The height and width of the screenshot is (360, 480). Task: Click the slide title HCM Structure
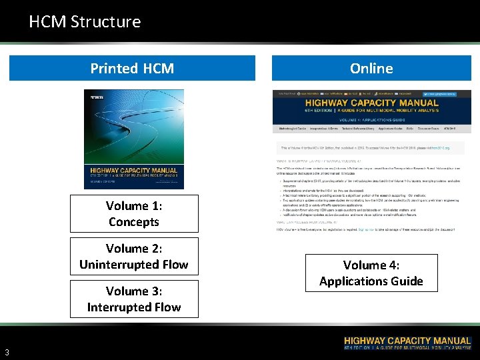coord(85,21)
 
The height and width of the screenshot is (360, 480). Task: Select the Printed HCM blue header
coord(132,68)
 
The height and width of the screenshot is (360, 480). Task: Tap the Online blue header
coord(371,68)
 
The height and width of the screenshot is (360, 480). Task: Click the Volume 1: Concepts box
coord(133,213)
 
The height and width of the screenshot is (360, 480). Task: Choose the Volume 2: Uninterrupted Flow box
coord(133,256)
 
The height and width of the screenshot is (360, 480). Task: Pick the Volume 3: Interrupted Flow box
coord(133,299)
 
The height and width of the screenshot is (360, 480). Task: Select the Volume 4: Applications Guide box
coord(371,273)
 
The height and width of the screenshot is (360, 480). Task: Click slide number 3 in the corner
coord(7,352)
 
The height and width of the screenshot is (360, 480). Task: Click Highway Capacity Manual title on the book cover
coord(133,171)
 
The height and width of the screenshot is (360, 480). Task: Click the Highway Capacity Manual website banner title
coord(371,103)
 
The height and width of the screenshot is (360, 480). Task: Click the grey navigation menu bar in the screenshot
coord(371,127)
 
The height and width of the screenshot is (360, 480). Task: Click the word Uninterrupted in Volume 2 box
coord(119,265)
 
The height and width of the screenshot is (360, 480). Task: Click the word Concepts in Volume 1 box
coord(133,222)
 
